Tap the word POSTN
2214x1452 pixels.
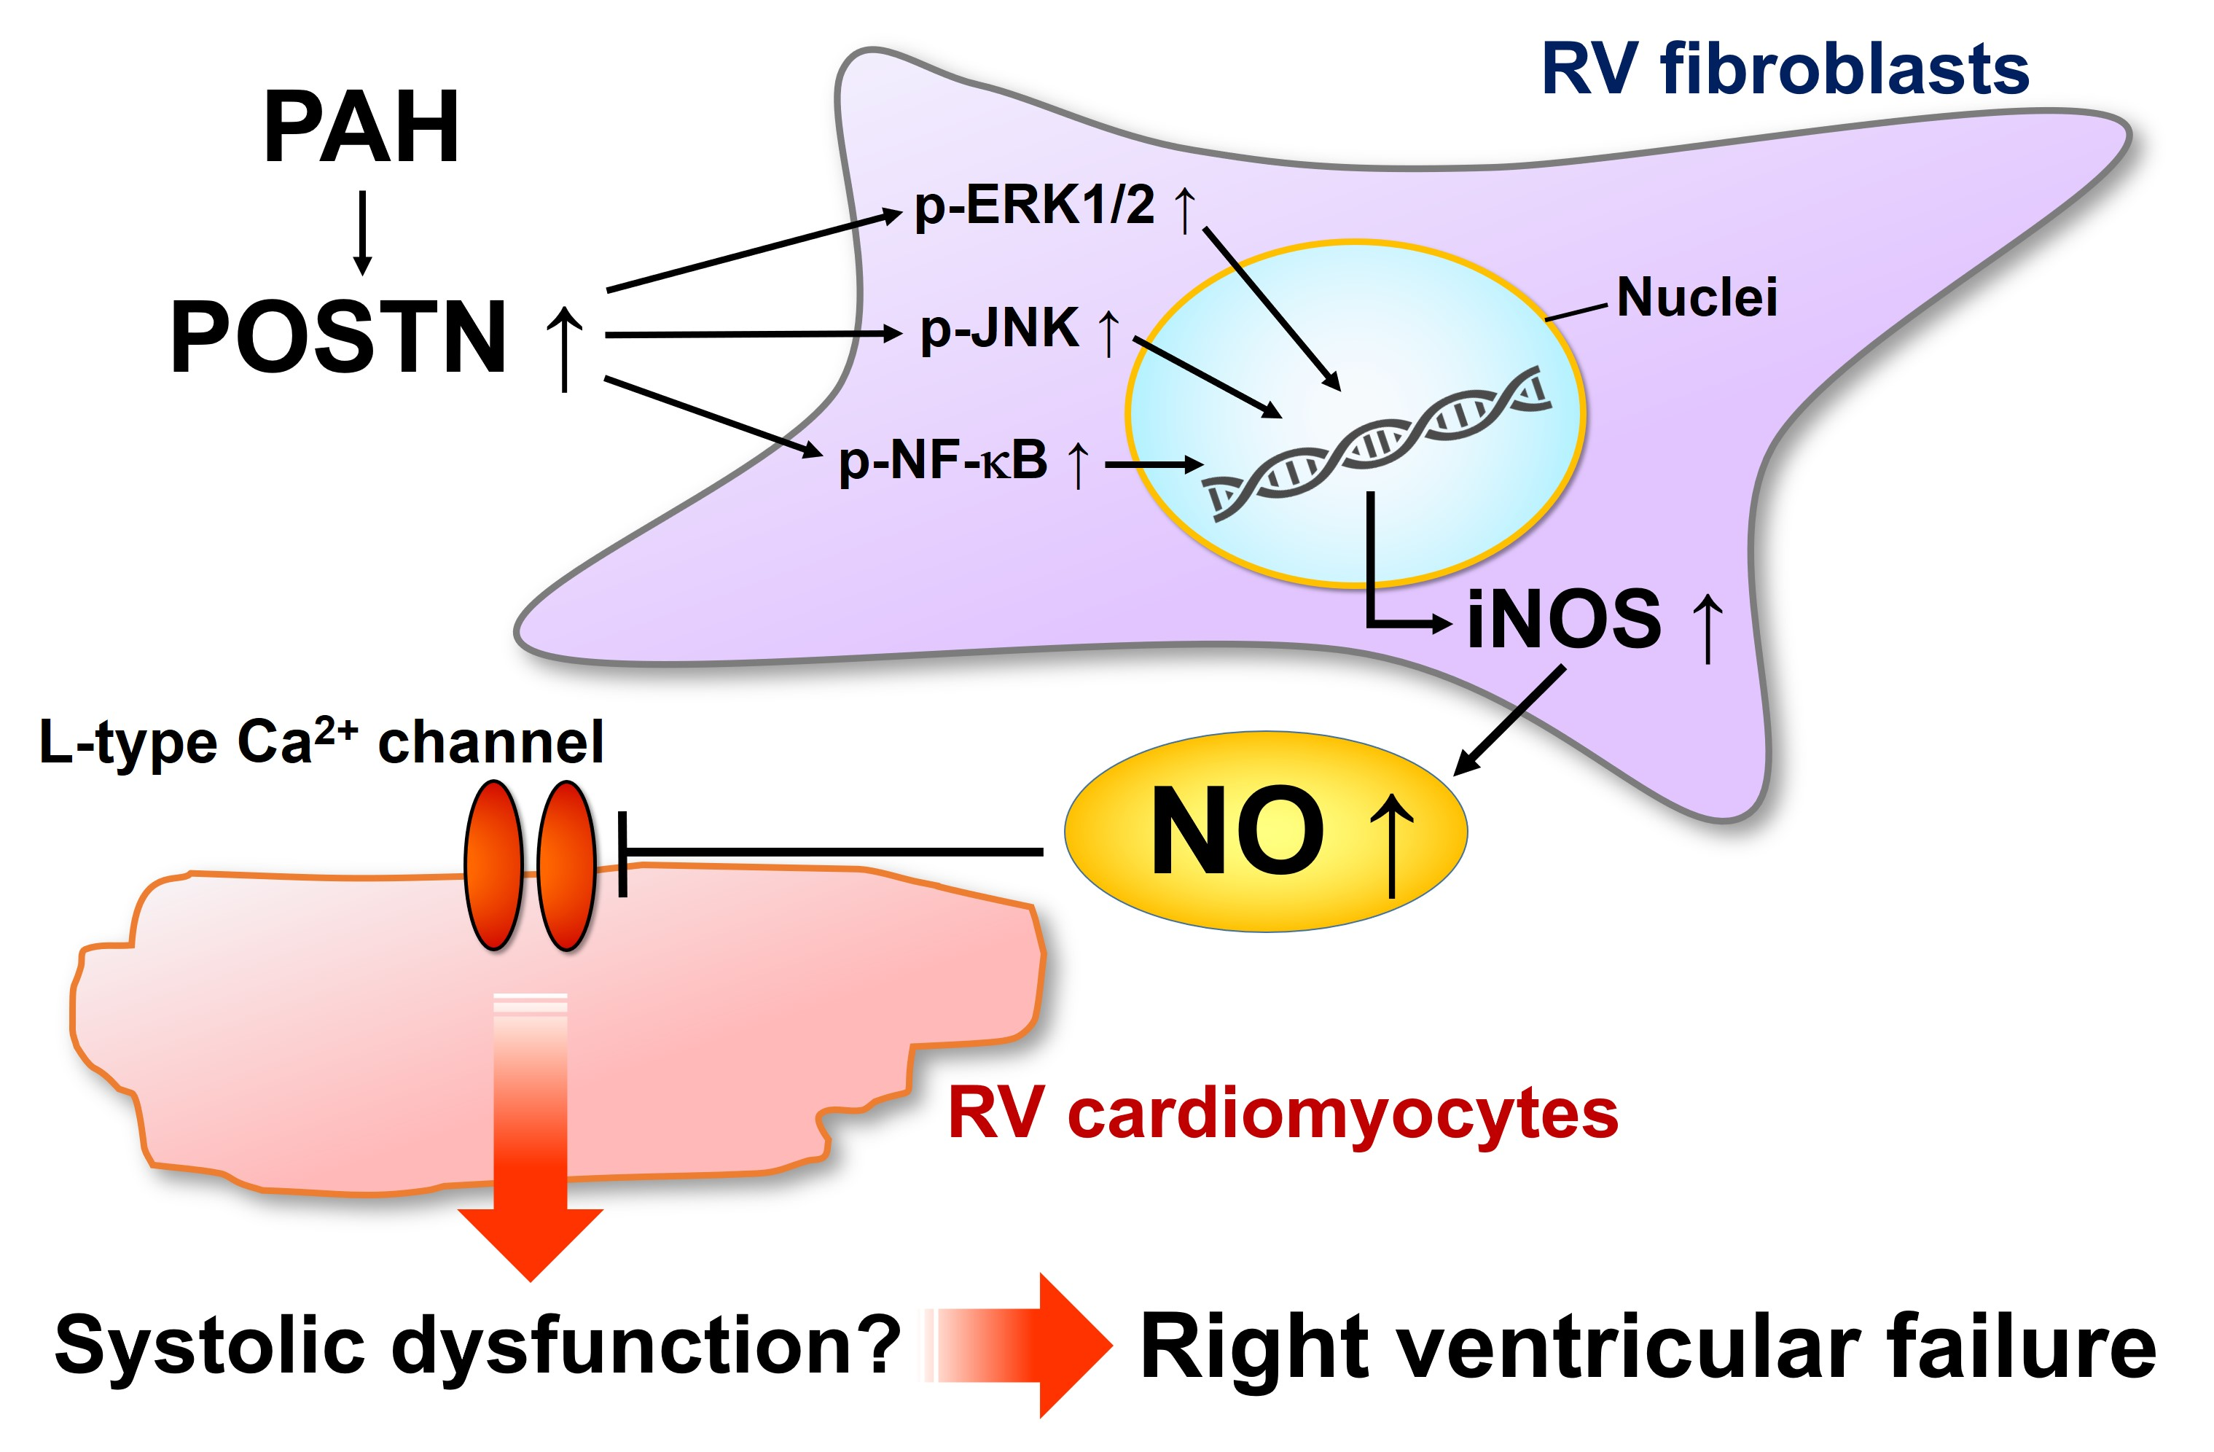[x=339, y=337]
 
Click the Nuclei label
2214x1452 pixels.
[x=1697, y=297]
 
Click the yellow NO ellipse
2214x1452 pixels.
[x=1265, y=831]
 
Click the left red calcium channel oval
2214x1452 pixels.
[x=494, y=865]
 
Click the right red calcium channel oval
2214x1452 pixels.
[x=566, y=865]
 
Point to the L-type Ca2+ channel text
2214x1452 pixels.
[x=321, y=742]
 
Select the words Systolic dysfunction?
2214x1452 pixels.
[x=477, y=1344]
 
